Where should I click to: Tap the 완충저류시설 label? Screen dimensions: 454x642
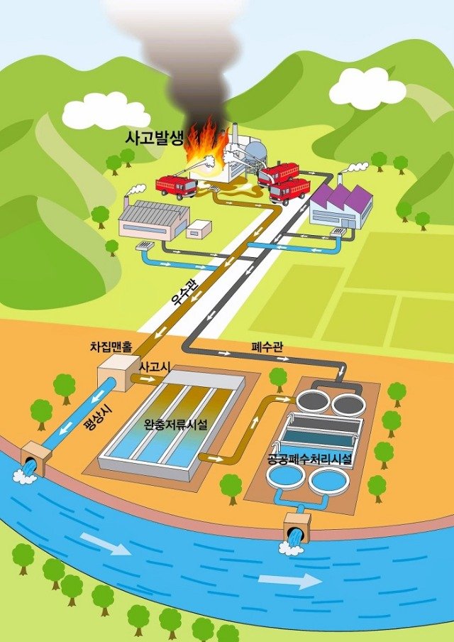click(176, 424)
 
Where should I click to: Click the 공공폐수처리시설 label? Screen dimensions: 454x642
click(309, 459)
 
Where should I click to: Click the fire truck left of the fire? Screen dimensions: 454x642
click(177, 187)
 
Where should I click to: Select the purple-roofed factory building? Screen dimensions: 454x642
click(341, 207)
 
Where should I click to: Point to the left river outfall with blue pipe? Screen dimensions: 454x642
click(33, 462)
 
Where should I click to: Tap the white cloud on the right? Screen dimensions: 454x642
click(367, 89)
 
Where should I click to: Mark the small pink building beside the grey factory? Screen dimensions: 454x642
click(199, 229)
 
